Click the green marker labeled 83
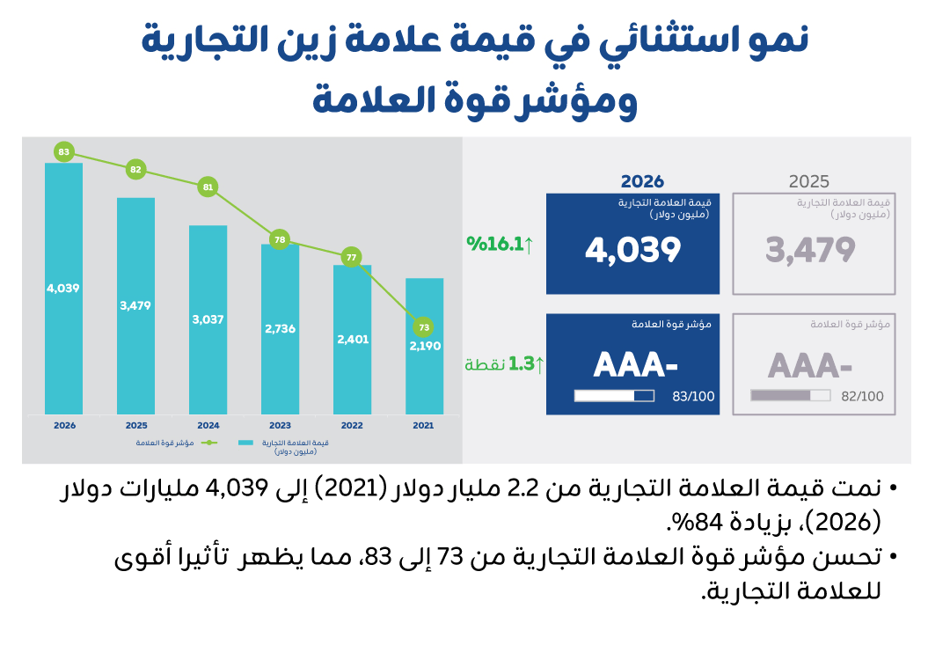coord(63,152)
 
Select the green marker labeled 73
coord(424,327)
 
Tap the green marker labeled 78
coord(280,239)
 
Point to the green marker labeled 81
coord(208,187)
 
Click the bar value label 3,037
coord(208,319)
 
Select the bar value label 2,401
coord(352,339)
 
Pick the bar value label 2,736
coord(280,328)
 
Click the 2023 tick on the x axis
coord(280,425)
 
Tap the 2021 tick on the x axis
coord(424,425)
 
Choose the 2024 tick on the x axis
coord(208,425)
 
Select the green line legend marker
coord(208,443)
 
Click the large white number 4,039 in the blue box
coord(633,250)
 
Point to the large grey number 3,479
coord(810,250)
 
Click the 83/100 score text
coord(693,397)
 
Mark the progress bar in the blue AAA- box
coord(614,396)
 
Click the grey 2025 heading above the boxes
coord(808,182)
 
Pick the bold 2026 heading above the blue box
coord(642,182)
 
